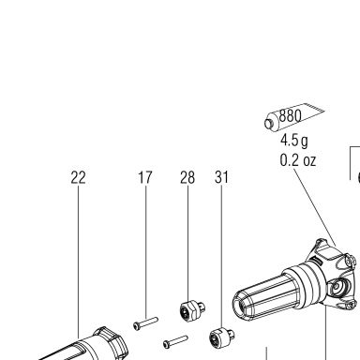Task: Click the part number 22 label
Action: tap(78, 177)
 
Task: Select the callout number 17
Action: tap(145, 177)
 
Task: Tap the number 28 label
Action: tap(187, 177)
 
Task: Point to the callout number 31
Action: tap(221, 177)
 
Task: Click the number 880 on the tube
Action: tap(290, 116)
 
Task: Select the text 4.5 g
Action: tap(293, 141)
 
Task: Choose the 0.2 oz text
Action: tap(298, 160)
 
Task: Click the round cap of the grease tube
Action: tap(269, 123)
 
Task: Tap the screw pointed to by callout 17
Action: tap(145, 323)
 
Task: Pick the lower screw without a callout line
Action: tap(175, 341)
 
